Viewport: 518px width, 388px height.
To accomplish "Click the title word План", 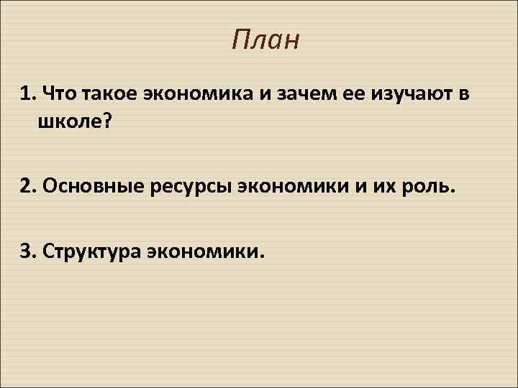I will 265,41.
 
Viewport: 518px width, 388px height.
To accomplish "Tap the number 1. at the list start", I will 29,93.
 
